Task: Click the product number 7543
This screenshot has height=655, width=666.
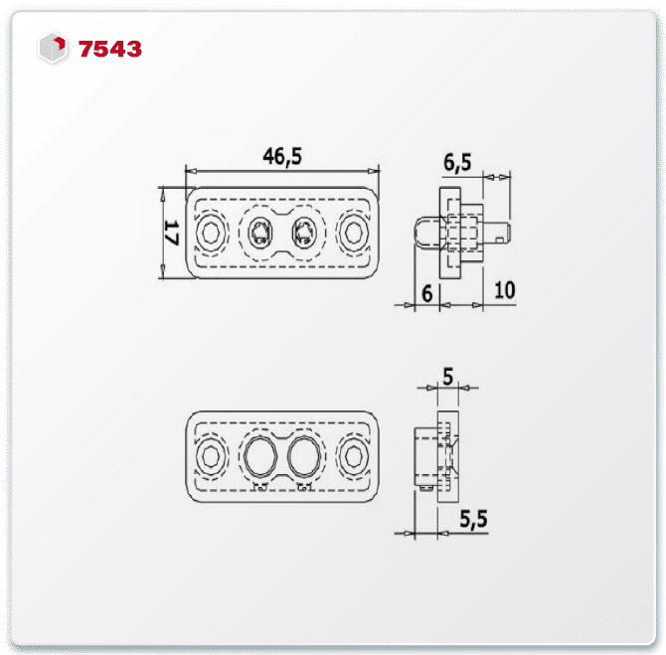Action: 110,48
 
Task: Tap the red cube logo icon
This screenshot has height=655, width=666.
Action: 53,48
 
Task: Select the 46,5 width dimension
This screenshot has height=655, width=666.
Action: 281,156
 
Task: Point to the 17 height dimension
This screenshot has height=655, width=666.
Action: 169,236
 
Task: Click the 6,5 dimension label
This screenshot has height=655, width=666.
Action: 458,160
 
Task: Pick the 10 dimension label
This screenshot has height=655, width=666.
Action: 503,290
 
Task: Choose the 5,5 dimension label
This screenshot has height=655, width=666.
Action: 475,518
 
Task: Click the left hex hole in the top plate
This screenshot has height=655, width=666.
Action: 211,235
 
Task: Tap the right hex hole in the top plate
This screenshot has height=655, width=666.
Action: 353,235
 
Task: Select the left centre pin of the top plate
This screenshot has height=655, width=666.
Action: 260,235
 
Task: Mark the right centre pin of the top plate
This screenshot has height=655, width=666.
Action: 301,235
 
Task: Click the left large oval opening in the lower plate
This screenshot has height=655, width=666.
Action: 260,456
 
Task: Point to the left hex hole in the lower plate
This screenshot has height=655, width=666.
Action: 211,456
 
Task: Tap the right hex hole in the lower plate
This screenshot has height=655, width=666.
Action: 354,456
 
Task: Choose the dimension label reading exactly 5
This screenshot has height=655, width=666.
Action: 448,376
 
